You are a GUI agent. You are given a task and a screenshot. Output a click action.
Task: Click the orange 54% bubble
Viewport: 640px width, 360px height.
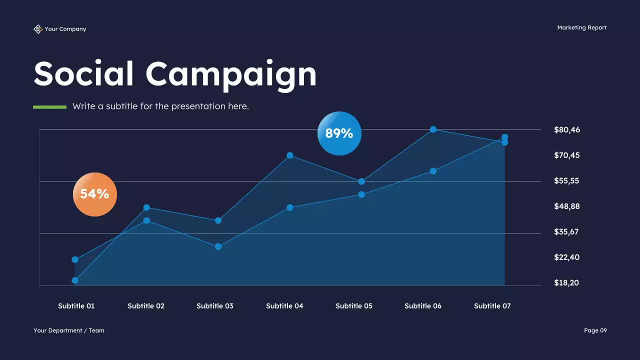[95, 194]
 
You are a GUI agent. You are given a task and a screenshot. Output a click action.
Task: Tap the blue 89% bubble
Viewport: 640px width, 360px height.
[339, 133]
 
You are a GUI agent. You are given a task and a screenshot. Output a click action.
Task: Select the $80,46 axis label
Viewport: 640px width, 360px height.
[567, 130]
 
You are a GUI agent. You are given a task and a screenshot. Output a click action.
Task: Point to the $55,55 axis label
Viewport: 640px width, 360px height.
[566, 181]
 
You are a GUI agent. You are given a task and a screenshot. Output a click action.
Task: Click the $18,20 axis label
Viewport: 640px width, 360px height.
[566, 283]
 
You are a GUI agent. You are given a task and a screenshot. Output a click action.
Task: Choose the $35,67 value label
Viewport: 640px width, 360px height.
[566, 232]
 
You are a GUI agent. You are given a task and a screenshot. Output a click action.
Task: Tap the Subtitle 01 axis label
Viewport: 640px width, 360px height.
[76, 306]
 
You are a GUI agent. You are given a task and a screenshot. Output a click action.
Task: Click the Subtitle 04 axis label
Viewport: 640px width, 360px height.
[284, 306]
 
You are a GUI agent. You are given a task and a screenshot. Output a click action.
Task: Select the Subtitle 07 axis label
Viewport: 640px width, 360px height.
[492, 306]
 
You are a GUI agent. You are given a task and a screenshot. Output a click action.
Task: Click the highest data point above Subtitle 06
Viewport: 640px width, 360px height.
[433, 129]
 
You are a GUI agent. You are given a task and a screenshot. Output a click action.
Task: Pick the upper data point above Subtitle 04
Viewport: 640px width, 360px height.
[290, 155]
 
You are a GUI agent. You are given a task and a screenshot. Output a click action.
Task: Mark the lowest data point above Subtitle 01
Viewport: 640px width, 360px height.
[75, 280]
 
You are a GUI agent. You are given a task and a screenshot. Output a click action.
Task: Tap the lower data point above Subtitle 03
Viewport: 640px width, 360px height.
[218, 246]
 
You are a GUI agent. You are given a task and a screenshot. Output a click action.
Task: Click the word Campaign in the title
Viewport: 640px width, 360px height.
[231, 74]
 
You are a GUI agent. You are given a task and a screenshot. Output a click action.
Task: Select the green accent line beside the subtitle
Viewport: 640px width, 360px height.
[49, 106]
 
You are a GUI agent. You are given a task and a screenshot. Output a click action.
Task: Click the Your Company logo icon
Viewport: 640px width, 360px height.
[38, 29]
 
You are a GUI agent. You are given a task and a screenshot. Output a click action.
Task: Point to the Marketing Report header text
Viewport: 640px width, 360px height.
[581, 28]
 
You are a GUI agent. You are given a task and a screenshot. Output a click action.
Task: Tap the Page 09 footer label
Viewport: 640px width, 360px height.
[595, 330]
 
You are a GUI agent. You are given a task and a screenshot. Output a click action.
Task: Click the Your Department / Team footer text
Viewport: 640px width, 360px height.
[69, 330]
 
